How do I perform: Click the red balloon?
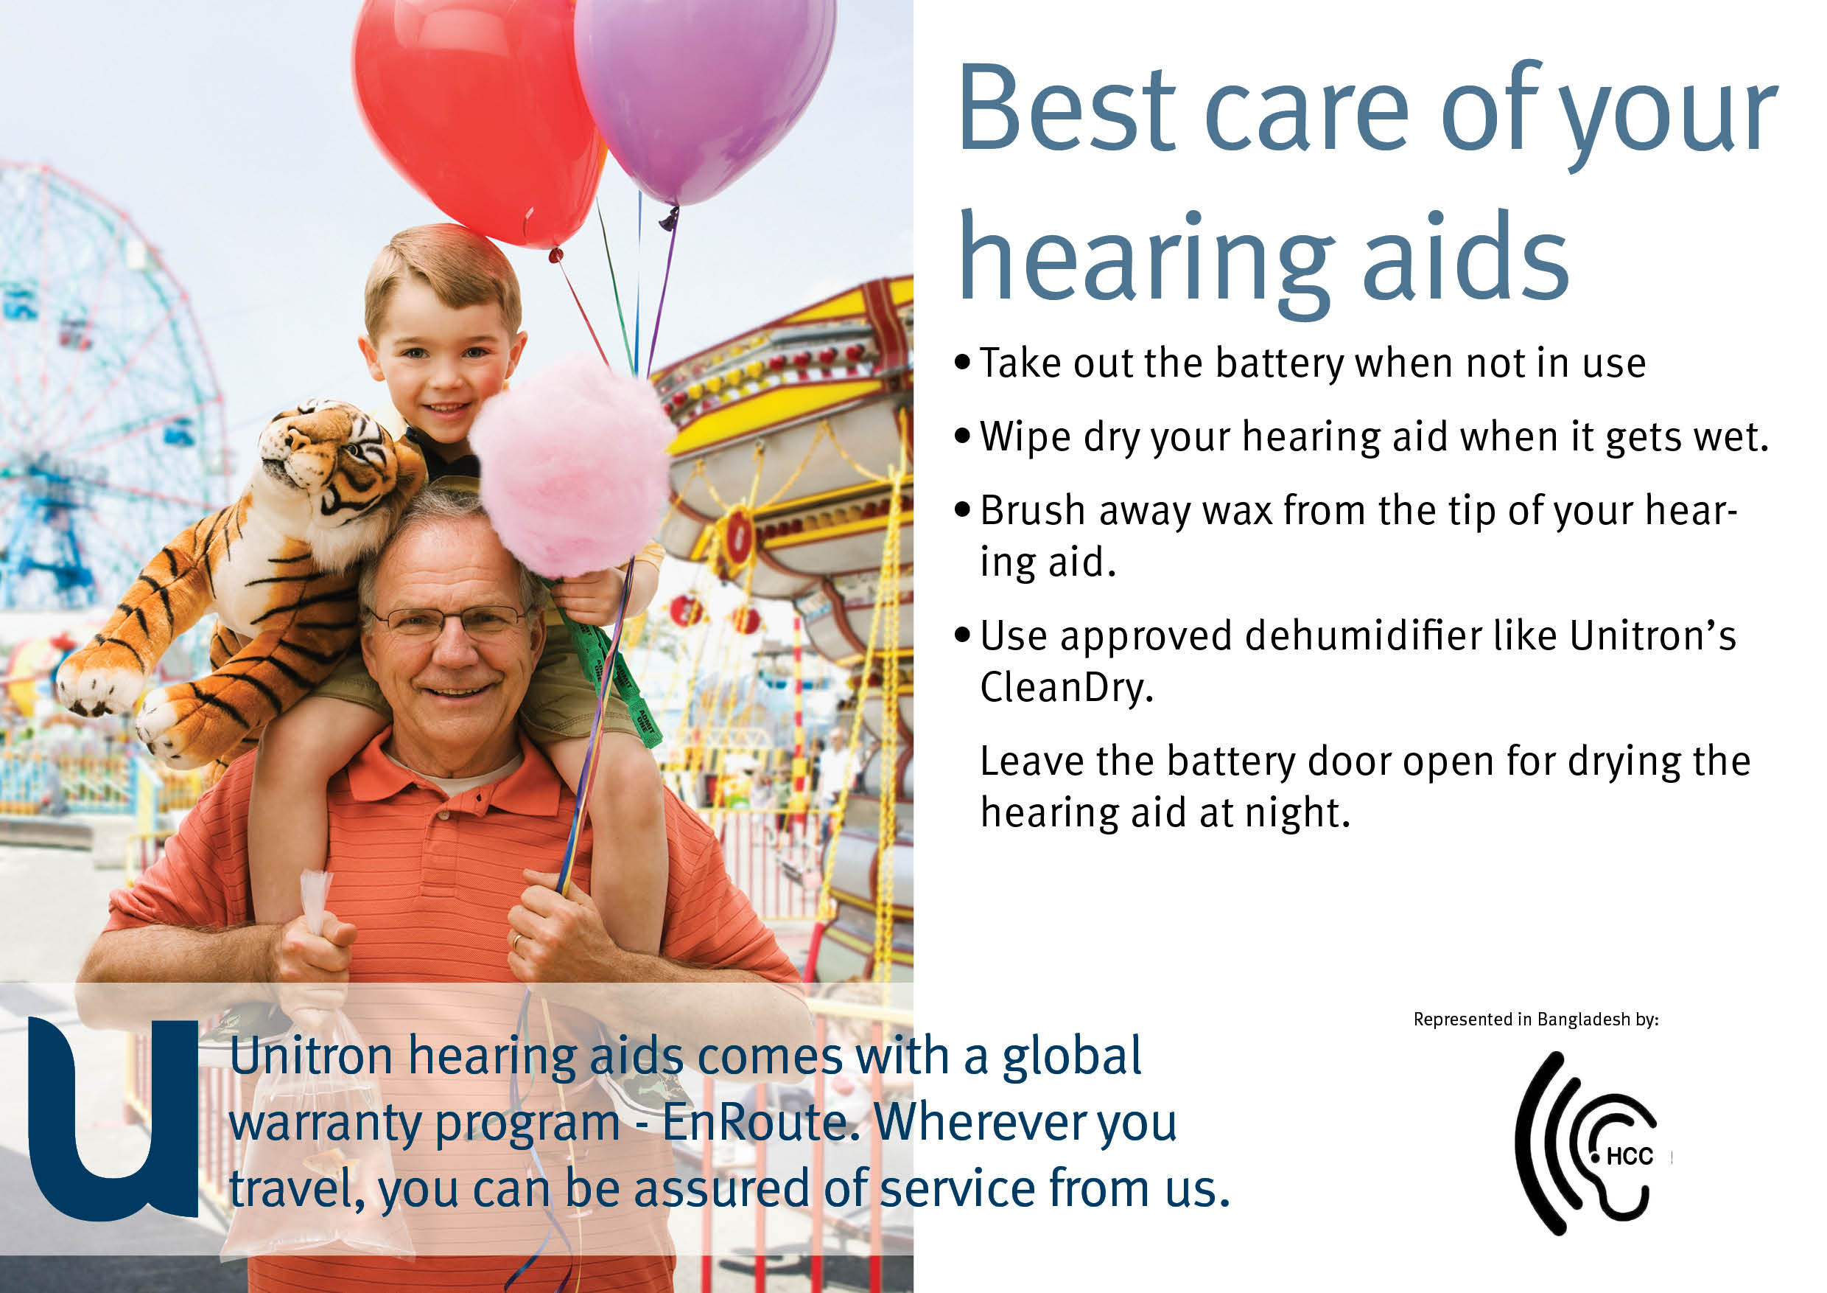[x=477, y=111]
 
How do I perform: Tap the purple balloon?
[x=704, y=88]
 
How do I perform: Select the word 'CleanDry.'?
[x=1066, y=687]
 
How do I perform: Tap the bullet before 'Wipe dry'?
[x=963, y=436]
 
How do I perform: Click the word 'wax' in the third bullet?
[x=1237, y=510]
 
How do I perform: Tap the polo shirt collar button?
[x=444, y=815]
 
